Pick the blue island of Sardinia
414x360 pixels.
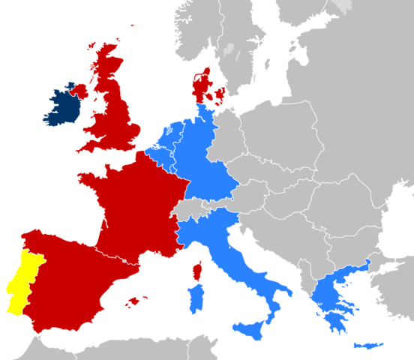coord(196,298)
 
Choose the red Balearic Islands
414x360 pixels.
coord(136,301)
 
